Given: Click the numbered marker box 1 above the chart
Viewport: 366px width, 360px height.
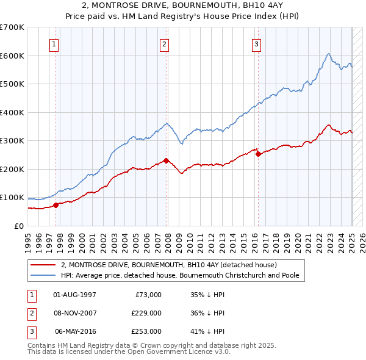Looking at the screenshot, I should [x=55, y=44].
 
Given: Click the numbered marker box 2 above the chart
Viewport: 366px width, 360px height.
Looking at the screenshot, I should [x=165, y=44].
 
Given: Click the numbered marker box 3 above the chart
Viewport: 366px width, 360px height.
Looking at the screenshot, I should [x=257, y=44].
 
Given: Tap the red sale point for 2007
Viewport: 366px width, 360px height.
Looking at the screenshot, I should [x=166, y=161].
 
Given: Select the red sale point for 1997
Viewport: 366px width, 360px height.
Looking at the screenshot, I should [x=56, y=205].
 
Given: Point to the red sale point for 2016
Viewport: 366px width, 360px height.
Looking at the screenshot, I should [x=257, y=154].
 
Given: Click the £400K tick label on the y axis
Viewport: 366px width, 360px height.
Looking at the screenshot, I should [x=12, y=112].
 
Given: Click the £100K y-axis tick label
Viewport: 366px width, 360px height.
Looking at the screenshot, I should [x=12, y=198].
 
